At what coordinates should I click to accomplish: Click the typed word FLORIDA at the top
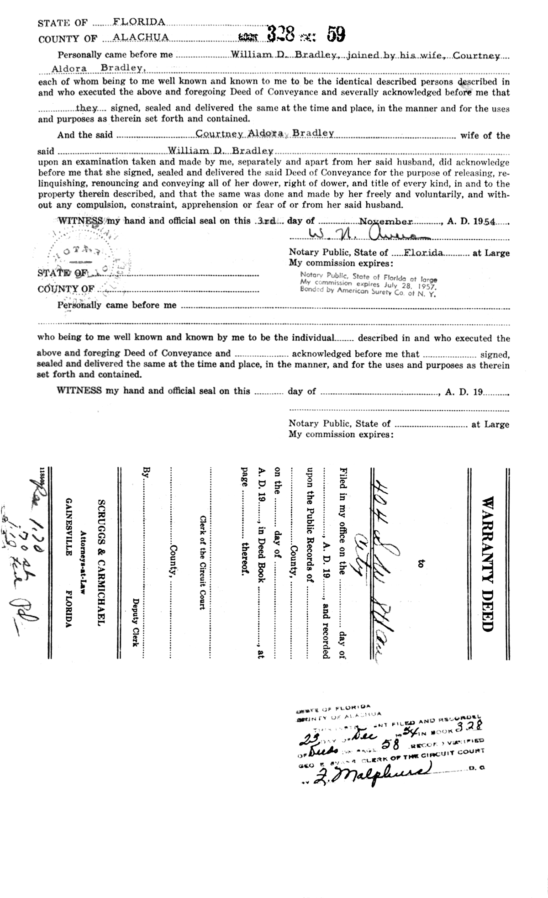coord(132,22)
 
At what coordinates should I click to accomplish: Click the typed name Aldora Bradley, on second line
coord(100,69)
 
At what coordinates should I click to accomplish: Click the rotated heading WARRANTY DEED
coord(488,564)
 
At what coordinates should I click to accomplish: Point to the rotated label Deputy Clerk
coord(135,621)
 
